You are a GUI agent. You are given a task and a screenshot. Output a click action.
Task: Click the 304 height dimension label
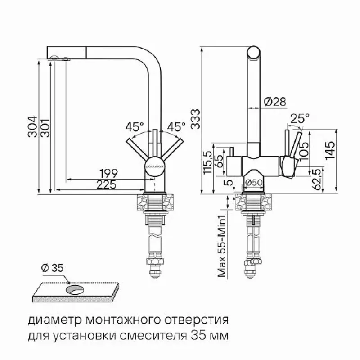(32, 127)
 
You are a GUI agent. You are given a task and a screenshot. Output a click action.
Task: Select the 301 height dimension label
(45, 128)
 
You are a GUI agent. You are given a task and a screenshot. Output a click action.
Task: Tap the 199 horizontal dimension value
(108, 173)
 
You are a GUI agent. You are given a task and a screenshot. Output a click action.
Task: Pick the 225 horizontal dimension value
(106, 184)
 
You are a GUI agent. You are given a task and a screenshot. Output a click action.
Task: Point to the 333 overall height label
(195, 119)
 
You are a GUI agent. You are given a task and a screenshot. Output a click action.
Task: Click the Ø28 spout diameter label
(275, 102)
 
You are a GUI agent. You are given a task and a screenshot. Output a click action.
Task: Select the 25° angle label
(300, 119)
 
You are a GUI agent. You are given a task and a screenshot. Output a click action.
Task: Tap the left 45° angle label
(135, 127)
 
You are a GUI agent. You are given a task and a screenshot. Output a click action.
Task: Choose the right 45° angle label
(176, 127)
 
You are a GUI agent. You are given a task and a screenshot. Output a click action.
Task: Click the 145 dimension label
(330, 150)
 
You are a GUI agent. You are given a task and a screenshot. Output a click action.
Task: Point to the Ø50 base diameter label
(254, 183)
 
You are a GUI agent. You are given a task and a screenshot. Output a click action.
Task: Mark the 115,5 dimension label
(207, 162)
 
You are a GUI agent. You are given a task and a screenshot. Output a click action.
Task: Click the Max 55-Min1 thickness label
(222, 246)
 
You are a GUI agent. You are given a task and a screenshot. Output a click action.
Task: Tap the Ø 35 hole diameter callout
(52, 268)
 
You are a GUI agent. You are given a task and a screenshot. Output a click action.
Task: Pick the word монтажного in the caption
(121, 320)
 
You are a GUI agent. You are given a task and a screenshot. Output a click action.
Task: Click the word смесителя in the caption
(153, 336)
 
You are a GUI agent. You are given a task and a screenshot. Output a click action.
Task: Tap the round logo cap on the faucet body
(155, 166)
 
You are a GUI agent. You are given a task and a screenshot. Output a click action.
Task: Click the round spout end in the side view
(254, 52)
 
